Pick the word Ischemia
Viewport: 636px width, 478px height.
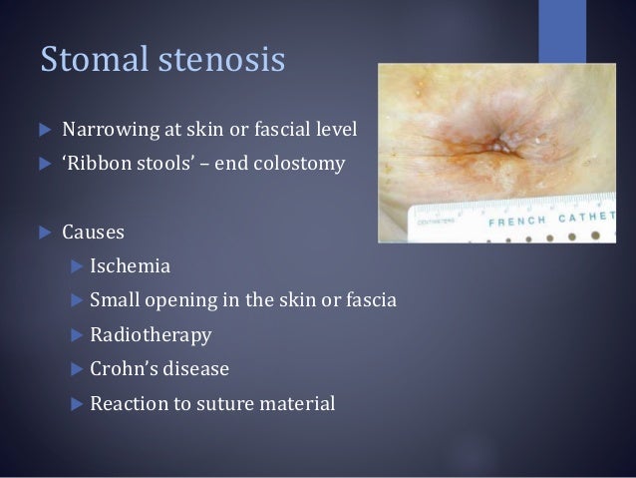pyautogui.click(x=130, y=266)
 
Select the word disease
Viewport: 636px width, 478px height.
pyautogui.click(x=195, y=368)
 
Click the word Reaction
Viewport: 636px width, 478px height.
pyautogui.click(x=130, y=404)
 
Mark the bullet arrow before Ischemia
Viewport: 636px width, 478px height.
pyautogui.click(x=77, y=267)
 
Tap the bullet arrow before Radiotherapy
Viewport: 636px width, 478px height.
pyautogui.click(x=77, y=335)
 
